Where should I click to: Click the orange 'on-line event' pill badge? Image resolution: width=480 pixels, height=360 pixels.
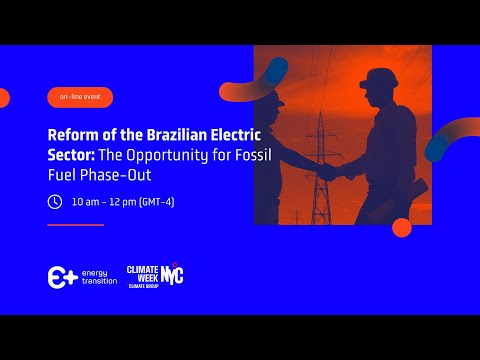coord(80,97)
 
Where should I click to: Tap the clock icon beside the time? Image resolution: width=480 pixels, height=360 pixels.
coord(55,201)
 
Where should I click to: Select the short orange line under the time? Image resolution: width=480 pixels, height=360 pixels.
coord(75,225)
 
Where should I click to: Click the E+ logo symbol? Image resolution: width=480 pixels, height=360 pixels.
coord(62,277)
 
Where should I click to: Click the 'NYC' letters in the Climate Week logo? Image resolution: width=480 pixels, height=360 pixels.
coord(172,274)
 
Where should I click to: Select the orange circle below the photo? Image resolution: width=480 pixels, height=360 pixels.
coord(402,227)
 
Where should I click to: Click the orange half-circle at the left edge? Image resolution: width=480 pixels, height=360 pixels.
coord(4,98)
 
